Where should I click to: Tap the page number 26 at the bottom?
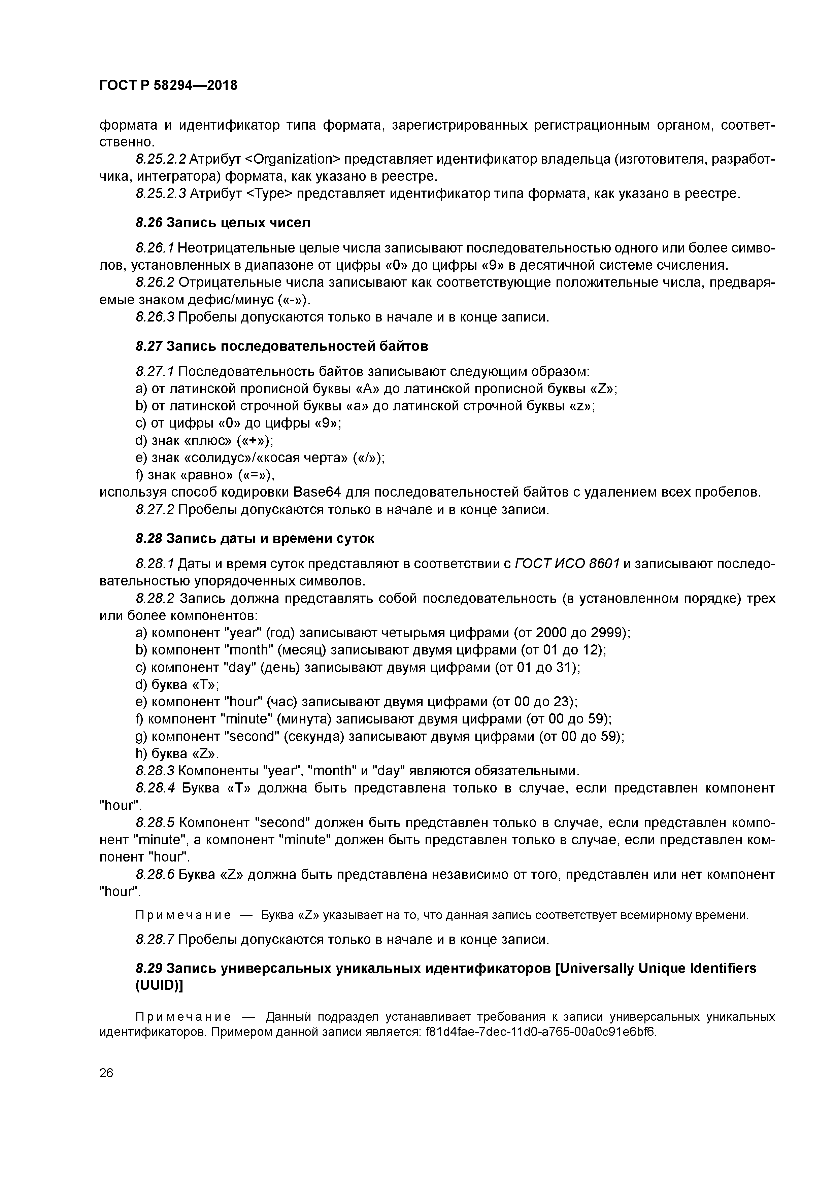pos(106,1073)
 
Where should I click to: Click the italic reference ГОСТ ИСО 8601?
pos(567,564)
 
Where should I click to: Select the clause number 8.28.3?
pos(155,771)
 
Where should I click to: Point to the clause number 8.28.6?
pos(155,874)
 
